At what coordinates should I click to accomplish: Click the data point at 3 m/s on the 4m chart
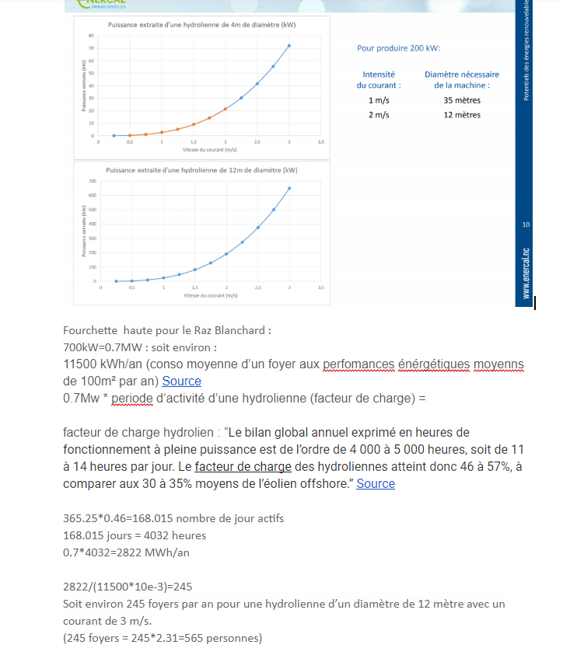289,46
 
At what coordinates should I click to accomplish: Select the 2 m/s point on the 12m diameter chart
226,254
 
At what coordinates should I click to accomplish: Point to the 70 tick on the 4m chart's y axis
91,48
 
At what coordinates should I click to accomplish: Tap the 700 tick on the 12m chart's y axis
91,181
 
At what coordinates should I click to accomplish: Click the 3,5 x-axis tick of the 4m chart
320,143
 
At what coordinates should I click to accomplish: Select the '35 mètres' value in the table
462,100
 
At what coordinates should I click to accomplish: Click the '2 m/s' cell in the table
379,115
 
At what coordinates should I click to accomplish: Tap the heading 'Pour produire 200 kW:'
398,48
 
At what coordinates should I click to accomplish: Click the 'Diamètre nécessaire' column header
462,75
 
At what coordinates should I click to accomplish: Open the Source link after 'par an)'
182,382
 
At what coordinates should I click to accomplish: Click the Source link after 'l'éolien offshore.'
376,484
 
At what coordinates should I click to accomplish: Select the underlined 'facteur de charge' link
243,467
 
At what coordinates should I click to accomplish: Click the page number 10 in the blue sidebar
526,225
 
